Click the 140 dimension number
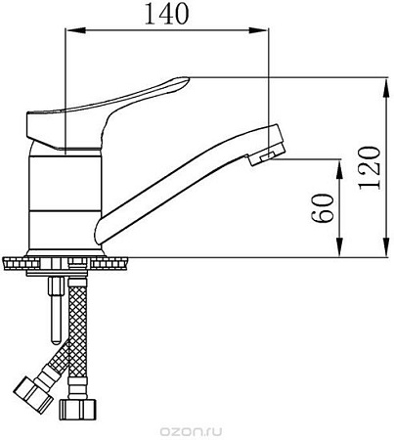point(165,14)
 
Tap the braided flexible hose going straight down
point(79,332)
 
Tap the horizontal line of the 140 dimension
point(166,31)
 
